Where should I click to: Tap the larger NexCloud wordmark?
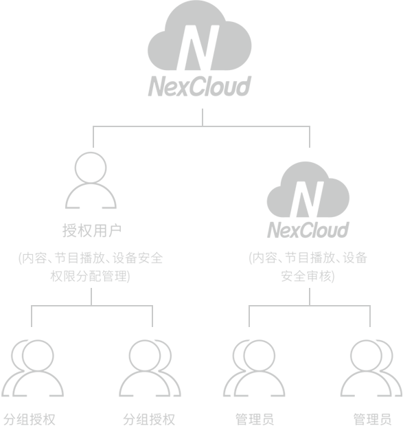click(x=200, y=86)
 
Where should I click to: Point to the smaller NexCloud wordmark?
click(x=308, y=230)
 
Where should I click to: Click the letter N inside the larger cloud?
click(x=198, y=47)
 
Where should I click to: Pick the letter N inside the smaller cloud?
click(x=307, y=199)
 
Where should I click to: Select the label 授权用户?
click(x=92, y=231)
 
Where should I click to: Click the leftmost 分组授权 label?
click(x=30, y=419)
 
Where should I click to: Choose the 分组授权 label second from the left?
click(x=149, y=419)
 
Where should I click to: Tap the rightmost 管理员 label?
click(x=372, y=419)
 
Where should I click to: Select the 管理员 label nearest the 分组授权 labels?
click(x=254, y=419)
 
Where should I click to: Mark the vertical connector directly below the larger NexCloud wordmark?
click(x=203, y=117)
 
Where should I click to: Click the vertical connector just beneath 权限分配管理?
click(x=91, y=297)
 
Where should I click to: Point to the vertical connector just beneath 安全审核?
click(x=310, y=297)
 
